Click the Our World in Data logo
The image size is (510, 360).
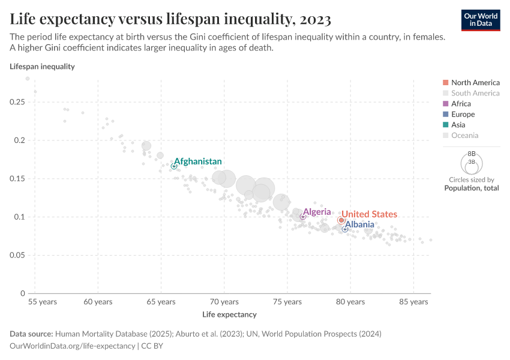click(x=480, y=20)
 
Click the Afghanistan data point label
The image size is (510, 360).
click(x=198, y=161)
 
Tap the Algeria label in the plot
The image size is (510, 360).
click(x=317, y=212)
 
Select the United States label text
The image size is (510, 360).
click(x=369, y=214)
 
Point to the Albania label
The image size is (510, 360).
click(x=359, y=224)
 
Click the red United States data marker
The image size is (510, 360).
click(x=341, y=220)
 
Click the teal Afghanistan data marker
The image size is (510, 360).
click(x=174, y=166)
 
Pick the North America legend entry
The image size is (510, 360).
click(x=475, y=82)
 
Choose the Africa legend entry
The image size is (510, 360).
click(x=461, y=104)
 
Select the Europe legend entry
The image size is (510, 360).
click(x=463, y=114)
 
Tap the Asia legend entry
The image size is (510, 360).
click(x=458, y=125)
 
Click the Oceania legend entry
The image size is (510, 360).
click(x=464, y=136)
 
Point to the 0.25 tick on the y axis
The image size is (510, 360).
click(x=17, y=103)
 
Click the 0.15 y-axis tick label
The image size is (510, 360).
click(x=17, y=179)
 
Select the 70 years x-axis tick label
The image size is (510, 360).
click(x=224, y=302)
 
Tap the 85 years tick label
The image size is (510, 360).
click(x=413, y=302)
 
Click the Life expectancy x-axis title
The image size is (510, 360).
click(x=229, y=314)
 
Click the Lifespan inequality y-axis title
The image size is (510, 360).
click(x=42, y=67)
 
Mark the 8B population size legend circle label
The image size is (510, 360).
click(x=472, y=154)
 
